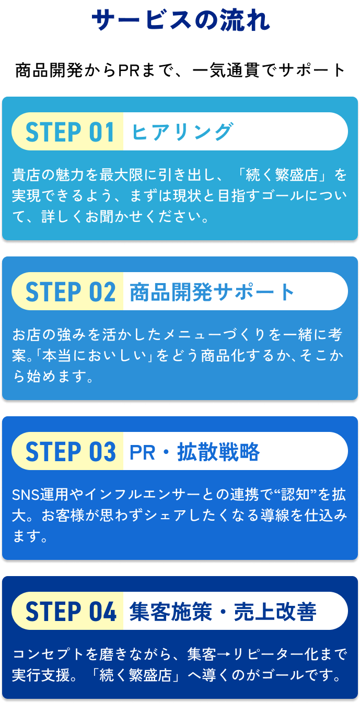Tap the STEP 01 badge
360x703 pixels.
[x=69, y=132]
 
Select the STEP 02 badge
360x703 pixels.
[x=70, y=292]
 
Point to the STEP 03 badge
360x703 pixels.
[x=70, y=452]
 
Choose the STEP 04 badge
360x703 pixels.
[x=70, y=612]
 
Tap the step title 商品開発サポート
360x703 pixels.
[x=212, y=292]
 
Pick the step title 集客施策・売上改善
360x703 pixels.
[x=223, y=612]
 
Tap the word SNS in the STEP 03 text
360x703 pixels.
[x=23, y=495]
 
